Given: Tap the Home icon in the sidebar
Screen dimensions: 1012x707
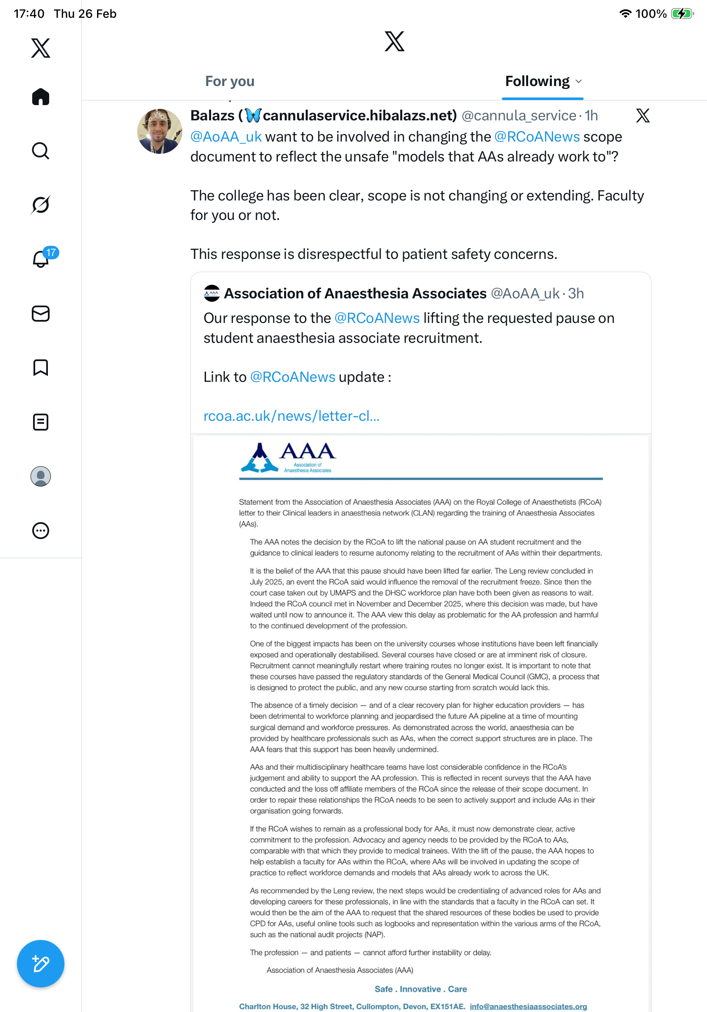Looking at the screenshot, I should pos(41,97).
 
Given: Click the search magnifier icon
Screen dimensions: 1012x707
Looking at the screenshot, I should pos(41,151).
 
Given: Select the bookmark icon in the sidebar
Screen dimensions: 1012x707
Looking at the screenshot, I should pos(41,367).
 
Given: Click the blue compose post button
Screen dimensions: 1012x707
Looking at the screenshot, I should pos(41,964).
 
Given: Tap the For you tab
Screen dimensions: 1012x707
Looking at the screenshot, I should pos(230,81).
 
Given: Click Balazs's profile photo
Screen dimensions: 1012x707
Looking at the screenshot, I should pos(159,131).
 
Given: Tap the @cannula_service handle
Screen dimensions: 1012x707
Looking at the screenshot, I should pos(518,115).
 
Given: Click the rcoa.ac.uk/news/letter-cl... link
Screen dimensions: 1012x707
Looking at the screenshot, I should pos(291,416).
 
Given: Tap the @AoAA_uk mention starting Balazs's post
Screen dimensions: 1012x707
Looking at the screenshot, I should pos(225,136).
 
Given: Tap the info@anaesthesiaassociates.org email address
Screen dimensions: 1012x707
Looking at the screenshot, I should pos(528,1006).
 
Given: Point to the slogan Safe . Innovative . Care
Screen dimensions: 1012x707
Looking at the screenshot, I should pos(420,989).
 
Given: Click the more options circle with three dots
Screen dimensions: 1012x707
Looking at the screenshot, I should pos(41,531).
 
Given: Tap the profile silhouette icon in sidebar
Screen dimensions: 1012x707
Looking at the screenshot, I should pos(41,476).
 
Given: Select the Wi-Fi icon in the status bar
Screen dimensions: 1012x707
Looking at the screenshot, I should pos(625,14).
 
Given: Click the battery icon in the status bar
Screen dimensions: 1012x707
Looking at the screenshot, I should pos(682,14).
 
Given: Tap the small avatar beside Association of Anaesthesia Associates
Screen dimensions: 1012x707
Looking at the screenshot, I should pos(212,294).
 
